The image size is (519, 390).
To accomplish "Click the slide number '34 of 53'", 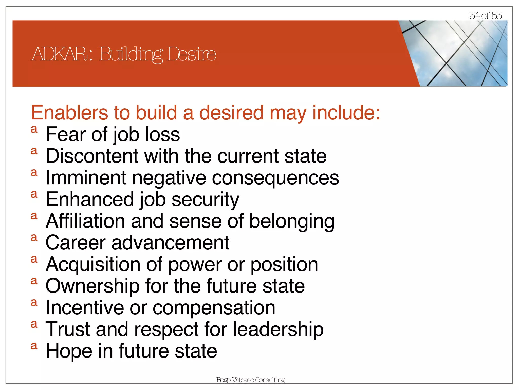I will tap(485, 15).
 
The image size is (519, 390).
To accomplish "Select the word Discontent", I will tap(92, 156).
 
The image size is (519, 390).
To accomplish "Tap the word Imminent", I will tap(86, 178).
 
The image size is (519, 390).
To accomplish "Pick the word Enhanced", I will tap(90, 199).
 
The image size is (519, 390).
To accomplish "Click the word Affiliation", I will tap(85, 221).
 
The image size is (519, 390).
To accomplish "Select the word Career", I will tap(75, 243).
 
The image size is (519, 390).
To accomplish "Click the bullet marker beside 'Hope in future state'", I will tap(34, 346).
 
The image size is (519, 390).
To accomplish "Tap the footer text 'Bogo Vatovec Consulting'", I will tap(250, 380).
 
